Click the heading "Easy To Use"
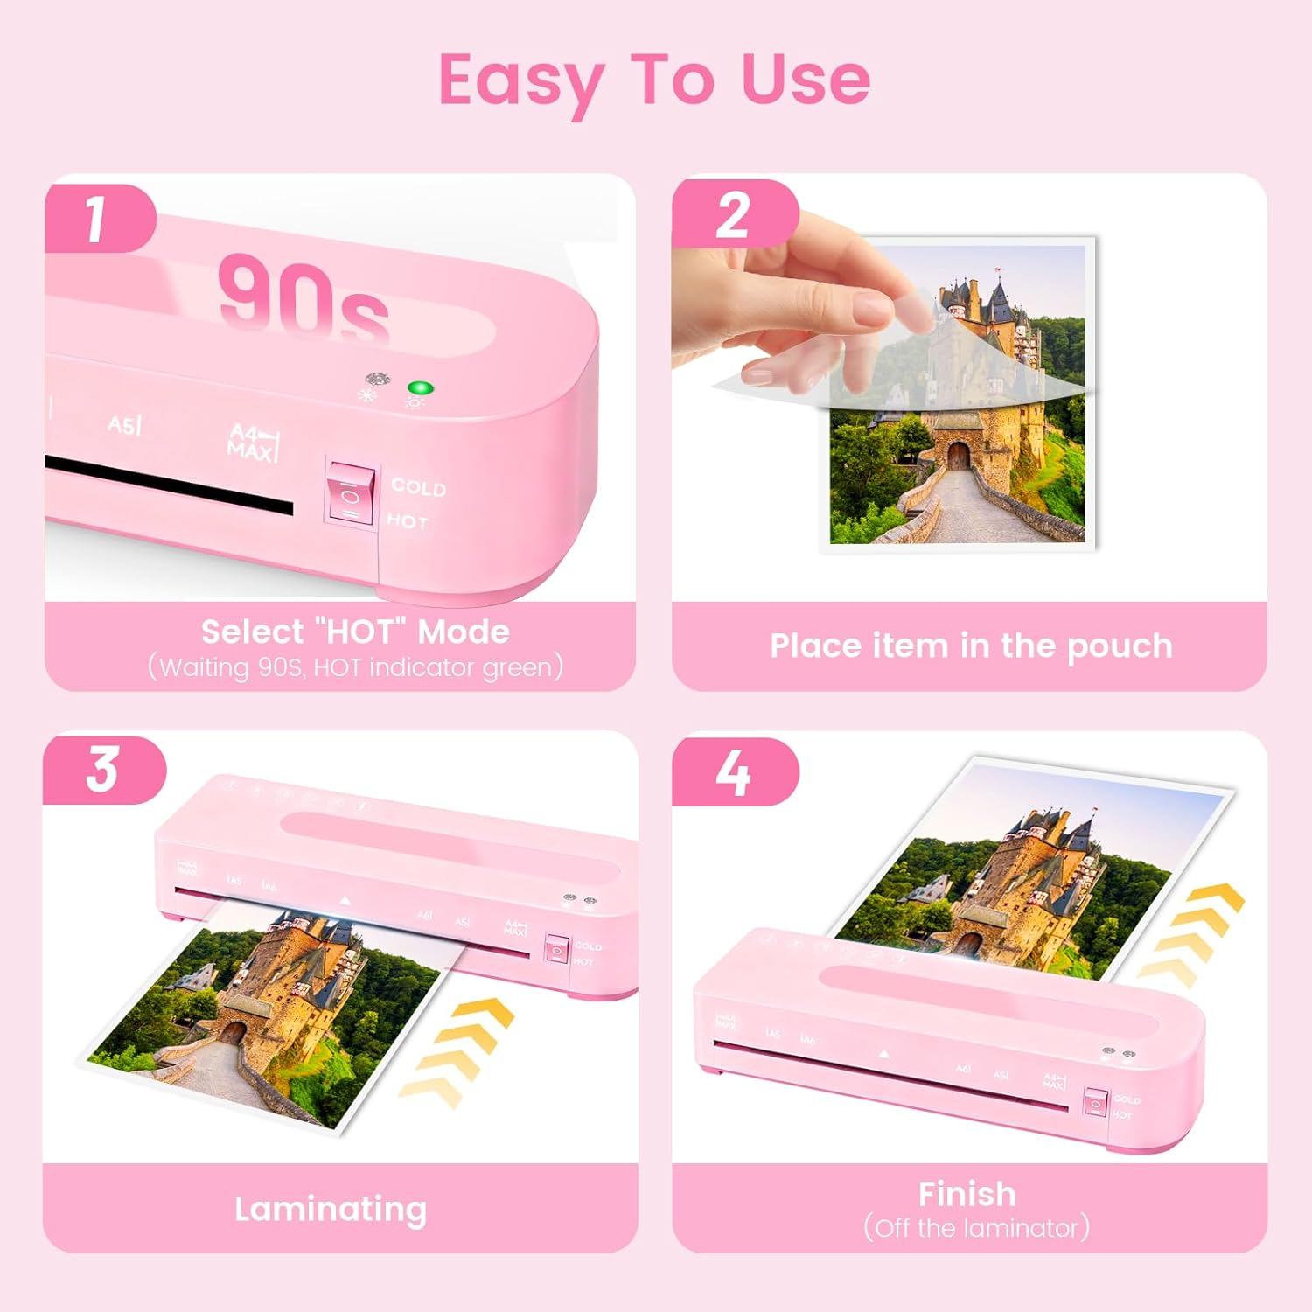pos(654,80)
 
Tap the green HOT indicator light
pos(421,388)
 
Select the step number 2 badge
pos(732,216)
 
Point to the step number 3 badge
pos(102,770)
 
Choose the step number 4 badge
pos(732,771)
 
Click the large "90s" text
pos(303,297)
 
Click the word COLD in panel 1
pos(418,487)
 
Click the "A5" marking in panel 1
pos(124,425)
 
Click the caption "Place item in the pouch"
pos(971,646)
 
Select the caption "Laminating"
pos(331,1209)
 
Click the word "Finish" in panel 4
pos(967,1194)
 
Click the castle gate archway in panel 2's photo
pos(959,455)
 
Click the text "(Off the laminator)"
pos(976,1228)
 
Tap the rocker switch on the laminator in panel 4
pos(1095,1103)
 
